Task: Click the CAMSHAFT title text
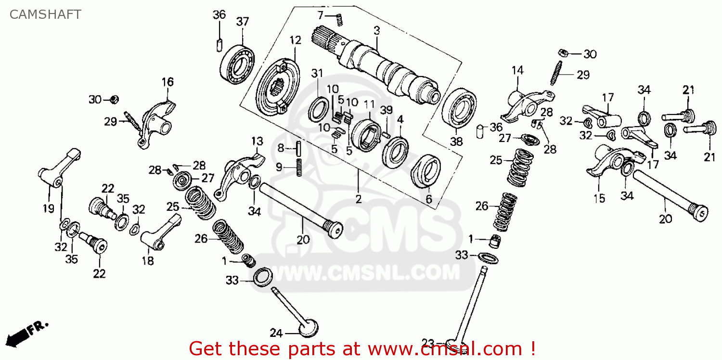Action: (45, 14)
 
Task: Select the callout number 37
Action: (243, 22)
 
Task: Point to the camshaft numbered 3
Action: (385, 70)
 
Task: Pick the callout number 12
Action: (295, 40)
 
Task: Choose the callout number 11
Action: (369, 104)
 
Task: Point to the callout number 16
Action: (167, 82)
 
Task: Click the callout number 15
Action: (599, 198)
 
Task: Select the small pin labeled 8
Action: (298, 148)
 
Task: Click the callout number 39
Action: (387, 110)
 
